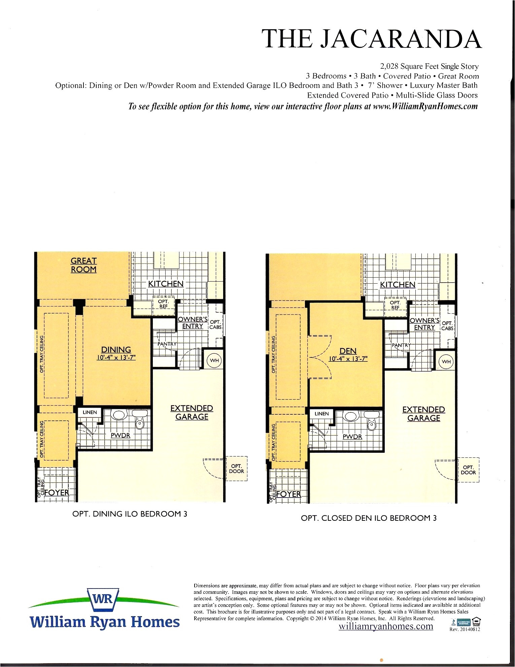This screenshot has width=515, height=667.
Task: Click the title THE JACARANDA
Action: point(372,39)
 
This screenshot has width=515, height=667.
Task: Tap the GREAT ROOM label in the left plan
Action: point(83,265)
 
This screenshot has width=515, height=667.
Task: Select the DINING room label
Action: point(116,350)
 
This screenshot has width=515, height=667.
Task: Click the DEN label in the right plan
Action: point(348,351)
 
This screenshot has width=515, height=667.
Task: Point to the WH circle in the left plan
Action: point(214,360)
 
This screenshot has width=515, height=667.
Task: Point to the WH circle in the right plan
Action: point(446,362)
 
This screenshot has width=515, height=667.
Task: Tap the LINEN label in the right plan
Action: point(321,414)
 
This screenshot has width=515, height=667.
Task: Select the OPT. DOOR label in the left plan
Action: point(236,469)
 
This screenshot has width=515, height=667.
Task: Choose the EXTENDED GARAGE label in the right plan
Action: point(423,414)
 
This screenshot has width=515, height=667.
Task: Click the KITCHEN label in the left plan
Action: point(166,284)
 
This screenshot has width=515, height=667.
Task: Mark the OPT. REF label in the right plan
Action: point(395,305)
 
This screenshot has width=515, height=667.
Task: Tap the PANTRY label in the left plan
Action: point(167,344)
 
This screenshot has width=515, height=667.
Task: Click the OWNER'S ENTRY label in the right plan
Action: point(424,324)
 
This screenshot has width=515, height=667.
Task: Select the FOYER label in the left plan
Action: point(57,493)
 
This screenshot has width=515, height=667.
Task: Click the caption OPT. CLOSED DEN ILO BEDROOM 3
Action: point(369,518)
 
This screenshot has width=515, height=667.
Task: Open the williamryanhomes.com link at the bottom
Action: point(386,626)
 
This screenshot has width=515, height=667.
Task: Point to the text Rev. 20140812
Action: point(465,629)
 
